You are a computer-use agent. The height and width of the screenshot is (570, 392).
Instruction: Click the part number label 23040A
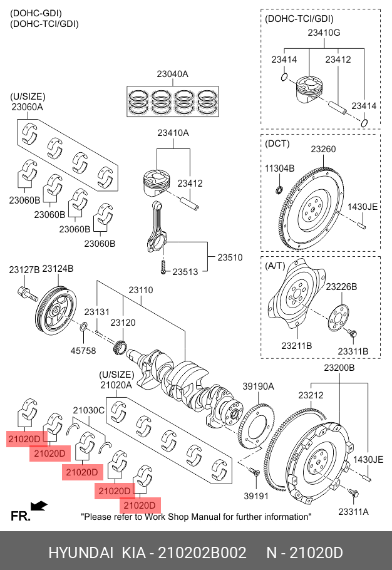(172, 75)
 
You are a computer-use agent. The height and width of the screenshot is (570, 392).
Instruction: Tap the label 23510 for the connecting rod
(230, 257)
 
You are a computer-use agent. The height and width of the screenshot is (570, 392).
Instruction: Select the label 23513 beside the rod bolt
(185, 272)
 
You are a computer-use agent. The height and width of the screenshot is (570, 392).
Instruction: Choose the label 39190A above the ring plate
(259, 386)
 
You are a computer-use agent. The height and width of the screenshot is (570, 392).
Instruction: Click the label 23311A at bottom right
(354, 512)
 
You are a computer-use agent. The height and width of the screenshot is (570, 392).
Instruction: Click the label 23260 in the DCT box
(324, 150)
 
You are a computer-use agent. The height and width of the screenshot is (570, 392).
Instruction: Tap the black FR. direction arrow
(39, 505)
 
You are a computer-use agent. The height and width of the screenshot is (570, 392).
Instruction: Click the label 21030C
(88, 410)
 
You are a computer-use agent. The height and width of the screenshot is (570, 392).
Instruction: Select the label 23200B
(339, 368)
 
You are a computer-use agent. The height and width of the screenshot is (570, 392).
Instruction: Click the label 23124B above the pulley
(58, 269)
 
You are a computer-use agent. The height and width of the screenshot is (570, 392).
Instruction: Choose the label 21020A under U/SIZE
(116, 386)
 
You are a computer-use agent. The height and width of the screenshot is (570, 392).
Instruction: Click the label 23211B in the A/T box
(296, 346)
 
